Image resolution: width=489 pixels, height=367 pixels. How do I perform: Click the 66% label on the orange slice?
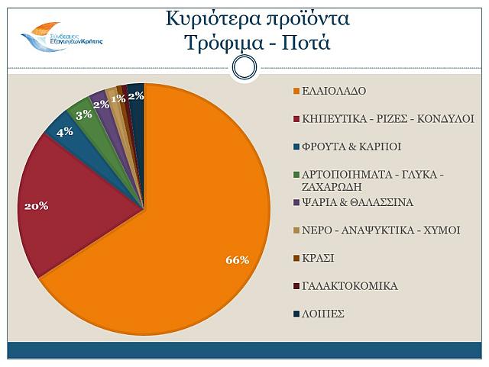point(238,260)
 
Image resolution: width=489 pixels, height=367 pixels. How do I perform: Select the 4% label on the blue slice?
point(64,131)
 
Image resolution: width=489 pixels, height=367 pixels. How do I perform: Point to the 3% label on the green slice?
point(83,114)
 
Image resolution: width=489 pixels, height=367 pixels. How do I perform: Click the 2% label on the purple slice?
point(102,105)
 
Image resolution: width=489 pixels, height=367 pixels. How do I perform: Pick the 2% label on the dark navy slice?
point(136,95)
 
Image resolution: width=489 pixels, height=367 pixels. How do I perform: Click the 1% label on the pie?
point(118,98)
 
